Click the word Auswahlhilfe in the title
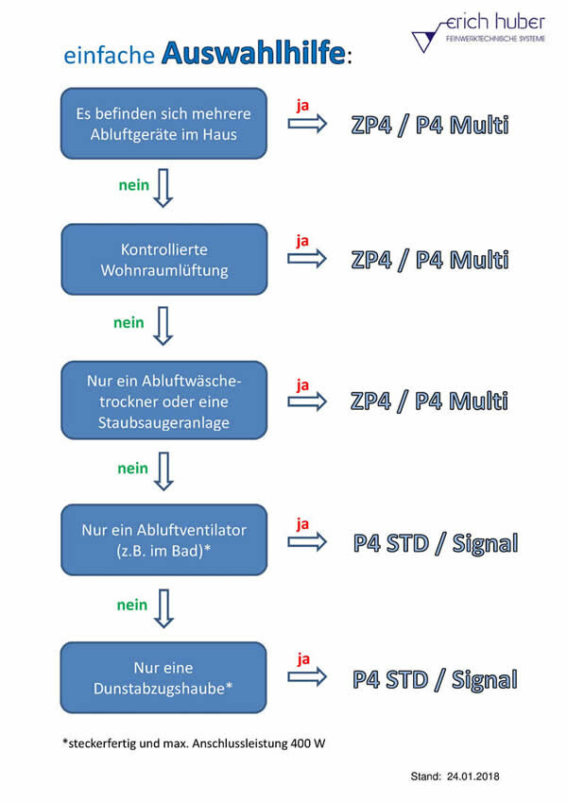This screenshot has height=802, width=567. (253, 53)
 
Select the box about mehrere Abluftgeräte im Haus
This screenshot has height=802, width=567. (163, 123)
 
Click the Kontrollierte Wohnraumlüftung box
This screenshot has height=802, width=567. (164, 260)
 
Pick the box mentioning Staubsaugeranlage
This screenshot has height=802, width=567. (164, 401)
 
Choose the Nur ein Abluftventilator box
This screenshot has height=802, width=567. (164, 540)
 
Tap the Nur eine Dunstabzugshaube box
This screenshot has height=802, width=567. (163, 677)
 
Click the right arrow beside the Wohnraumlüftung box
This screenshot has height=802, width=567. (307, 259)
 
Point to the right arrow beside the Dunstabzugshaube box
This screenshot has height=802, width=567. (307, 677)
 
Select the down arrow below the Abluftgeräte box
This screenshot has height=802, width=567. (163, 188)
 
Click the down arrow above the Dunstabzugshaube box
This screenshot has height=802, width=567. (163, 608)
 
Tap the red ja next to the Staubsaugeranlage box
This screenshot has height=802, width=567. (302, 385)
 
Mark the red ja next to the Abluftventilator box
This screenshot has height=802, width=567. (302, 524)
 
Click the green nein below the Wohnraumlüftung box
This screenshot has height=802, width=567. (129, 323)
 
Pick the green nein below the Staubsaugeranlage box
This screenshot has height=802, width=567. (132, 469)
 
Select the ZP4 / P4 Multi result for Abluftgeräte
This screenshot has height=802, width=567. (430, 126)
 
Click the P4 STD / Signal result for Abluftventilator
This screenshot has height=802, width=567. (436, 543)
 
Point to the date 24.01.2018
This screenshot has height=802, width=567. (472, 776)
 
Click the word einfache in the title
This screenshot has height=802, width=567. (109, 55)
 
